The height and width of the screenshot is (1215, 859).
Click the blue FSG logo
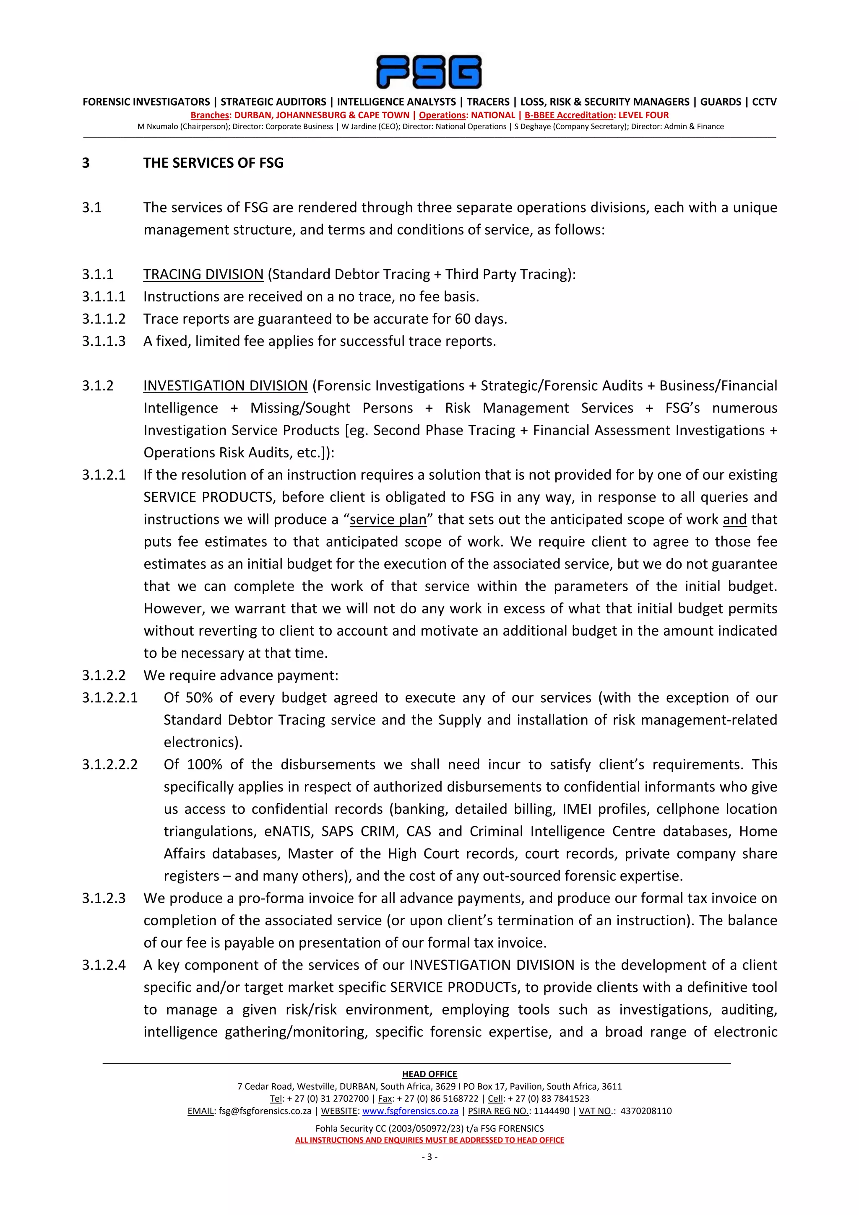429,71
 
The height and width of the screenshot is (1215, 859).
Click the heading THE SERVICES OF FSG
213,163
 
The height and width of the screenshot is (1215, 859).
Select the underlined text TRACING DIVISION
203,274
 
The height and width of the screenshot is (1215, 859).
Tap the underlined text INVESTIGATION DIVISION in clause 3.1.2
226,385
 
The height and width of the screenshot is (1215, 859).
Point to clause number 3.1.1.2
104,319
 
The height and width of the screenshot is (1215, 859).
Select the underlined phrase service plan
388,519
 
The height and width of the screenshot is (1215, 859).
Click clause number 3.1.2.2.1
109,698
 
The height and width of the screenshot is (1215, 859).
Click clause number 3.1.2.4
104,965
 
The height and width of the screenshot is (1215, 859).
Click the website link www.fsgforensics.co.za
410,1111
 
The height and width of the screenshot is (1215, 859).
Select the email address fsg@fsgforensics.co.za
265,1111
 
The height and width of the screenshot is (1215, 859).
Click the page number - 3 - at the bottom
429,1156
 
